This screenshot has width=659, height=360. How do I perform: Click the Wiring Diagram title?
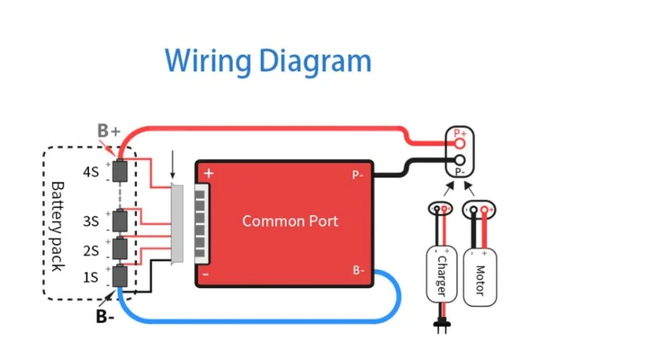(x=268, y=61)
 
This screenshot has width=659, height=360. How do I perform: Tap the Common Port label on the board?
(x=290, y=222)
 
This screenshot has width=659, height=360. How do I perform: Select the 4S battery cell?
(x=120, y=171)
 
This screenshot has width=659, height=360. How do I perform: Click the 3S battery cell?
(x=120, y=220)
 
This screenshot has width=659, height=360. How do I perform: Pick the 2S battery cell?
(x=120, y=249)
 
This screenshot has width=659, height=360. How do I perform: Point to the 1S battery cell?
(x=120, y=276)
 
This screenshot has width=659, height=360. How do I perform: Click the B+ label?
(x=109, y=131)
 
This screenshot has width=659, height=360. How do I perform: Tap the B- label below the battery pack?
(x=105, y=316)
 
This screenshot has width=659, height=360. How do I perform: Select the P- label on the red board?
(x=358, y=175)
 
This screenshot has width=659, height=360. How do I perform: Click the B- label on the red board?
(x=358, y=270)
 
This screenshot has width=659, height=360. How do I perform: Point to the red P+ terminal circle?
(x=460, y=144)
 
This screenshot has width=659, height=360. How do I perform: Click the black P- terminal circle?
(x=460, y=160)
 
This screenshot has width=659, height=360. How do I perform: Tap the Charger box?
(x=442, y=275)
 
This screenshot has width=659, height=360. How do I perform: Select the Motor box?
(x=480, y=278)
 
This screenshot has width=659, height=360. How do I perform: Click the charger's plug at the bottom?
(x=442, y=326)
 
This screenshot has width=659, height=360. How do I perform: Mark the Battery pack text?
(x=57, y=227)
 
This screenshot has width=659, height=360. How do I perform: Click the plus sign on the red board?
(x=209, y=173)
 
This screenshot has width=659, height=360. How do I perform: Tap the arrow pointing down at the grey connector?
(x=172, y=165)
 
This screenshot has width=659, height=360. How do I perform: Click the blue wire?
(x=260, y=322)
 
